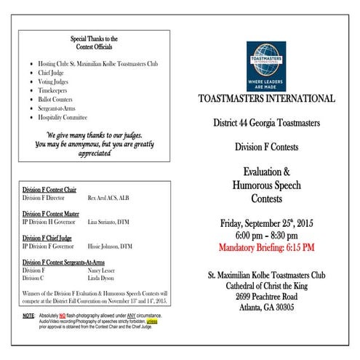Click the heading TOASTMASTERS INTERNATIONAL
coord(266,99)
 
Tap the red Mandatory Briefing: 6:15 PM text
coord(266,247)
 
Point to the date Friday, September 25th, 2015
coord(266,223)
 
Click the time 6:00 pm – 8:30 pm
coord(266,236)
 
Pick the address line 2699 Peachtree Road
coord(266,297)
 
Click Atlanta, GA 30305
coord(266,309)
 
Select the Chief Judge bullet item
coord(52,73)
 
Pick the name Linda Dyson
coord(103,279)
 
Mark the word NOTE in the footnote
coord(28,316)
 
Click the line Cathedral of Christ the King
coord(266,286)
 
